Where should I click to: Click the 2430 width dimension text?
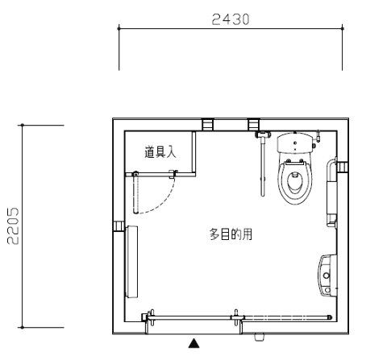pyautogui.click(x=231, y=19)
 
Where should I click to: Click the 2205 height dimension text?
pyautogui.click(x=13, y=226)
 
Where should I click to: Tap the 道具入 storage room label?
pyautogui.click(x=160, y=152)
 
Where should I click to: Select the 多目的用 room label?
pyautogui.click(x=231, y=234)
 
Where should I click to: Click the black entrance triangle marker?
pyautogui.click(x=193, y=343)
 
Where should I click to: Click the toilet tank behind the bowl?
pyautogui.click(x=295, y=143)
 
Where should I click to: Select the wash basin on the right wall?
pyautogui.click(x=327, y=275)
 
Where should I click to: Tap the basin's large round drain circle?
pyautogui.click(x=327, y=275)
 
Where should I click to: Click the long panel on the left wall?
pyautogui.click(x=131, y=262)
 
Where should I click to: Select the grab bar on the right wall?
pyautogui.click(x=331, y=192)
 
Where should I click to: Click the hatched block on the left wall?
pyautogui.click(x=119, y=226)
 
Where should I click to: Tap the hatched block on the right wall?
pyautogui.click(x=343, y=168)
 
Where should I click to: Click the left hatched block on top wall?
pyautogui.click(x=208, y=125)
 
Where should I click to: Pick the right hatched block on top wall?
pyautogui.click(x=254, y=125)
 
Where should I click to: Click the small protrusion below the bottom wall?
pyautogui.click(x=260, y=337)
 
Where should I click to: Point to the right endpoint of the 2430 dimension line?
pyautogui.click(x=342, y=28)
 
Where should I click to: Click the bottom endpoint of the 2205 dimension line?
pyautogui.click(x=23, y=328)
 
